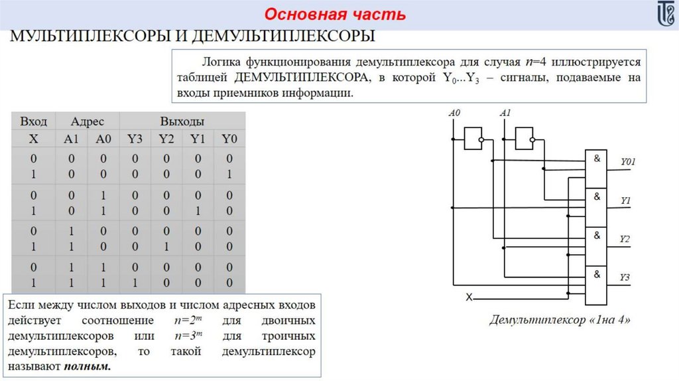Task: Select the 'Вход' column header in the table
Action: coord(33,121)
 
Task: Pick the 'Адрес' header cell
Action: coord(88,121)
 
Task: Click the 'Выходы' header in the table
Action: coord(182,121)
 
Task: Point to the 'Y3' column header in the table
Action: coord(135,139)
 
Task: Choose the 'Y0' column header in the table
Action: coord(229,139)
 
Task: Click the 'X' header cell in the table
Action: coord(33,139)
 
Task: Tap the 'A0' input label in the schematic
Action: coord(454,114)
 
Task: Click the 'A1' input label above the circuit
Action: coord(505,114)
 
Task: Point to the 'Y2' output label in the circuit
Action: coord(625,238)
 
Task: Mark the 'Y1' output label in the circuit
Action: coord(625,199)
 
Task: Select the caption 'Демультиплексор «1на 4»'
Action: coord(560,321)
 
